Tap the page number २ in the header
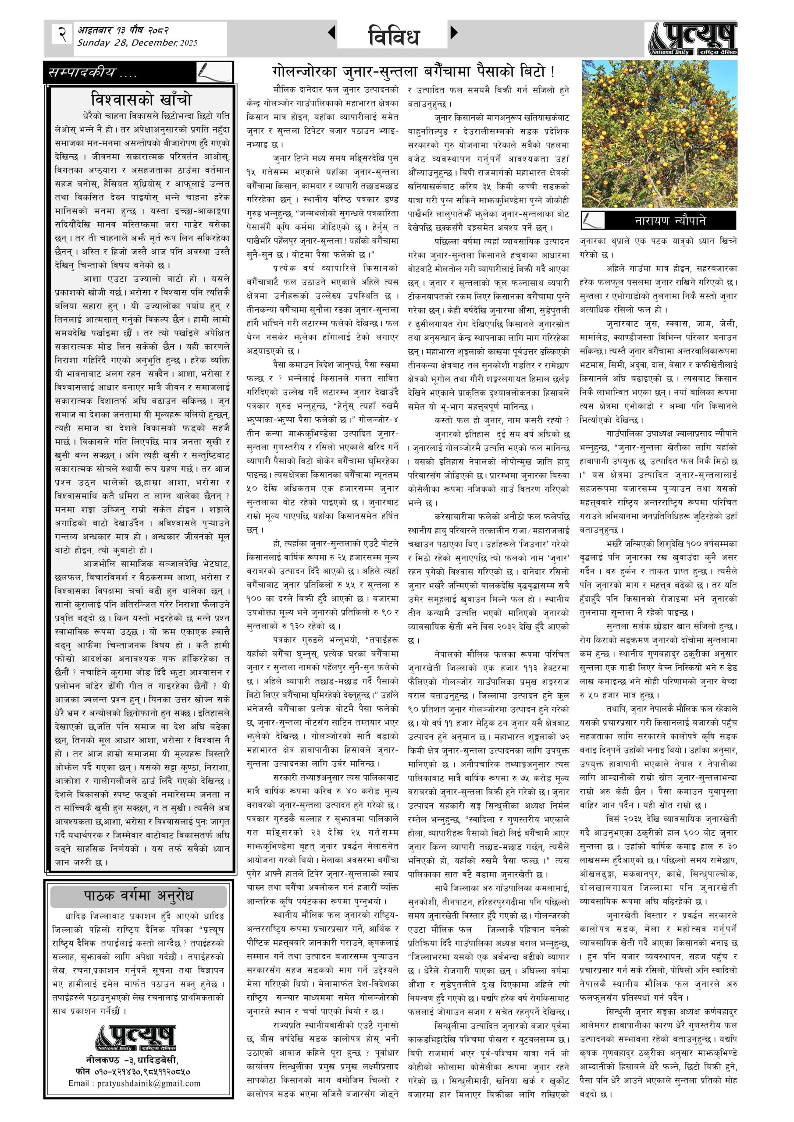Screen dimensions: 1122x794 point(62,34)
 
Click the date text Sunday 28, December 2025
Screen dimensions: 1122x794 point(137,43)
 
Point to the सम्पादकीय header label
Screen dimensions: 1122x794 point(93,73)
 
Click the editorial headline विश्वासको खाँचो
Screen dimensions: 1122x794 point(142,99)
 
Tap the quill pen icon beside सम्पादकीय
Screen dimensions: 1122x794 point(213,72)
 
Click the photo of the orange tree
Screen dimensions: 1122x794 point(659,134)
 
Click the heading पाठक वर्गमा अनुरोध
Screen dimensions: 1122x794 point(139,896)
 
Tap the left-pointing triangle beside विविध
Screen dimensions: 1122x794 point(331,33)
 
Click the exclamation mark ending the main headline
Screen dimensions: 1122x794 point(552,72)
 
